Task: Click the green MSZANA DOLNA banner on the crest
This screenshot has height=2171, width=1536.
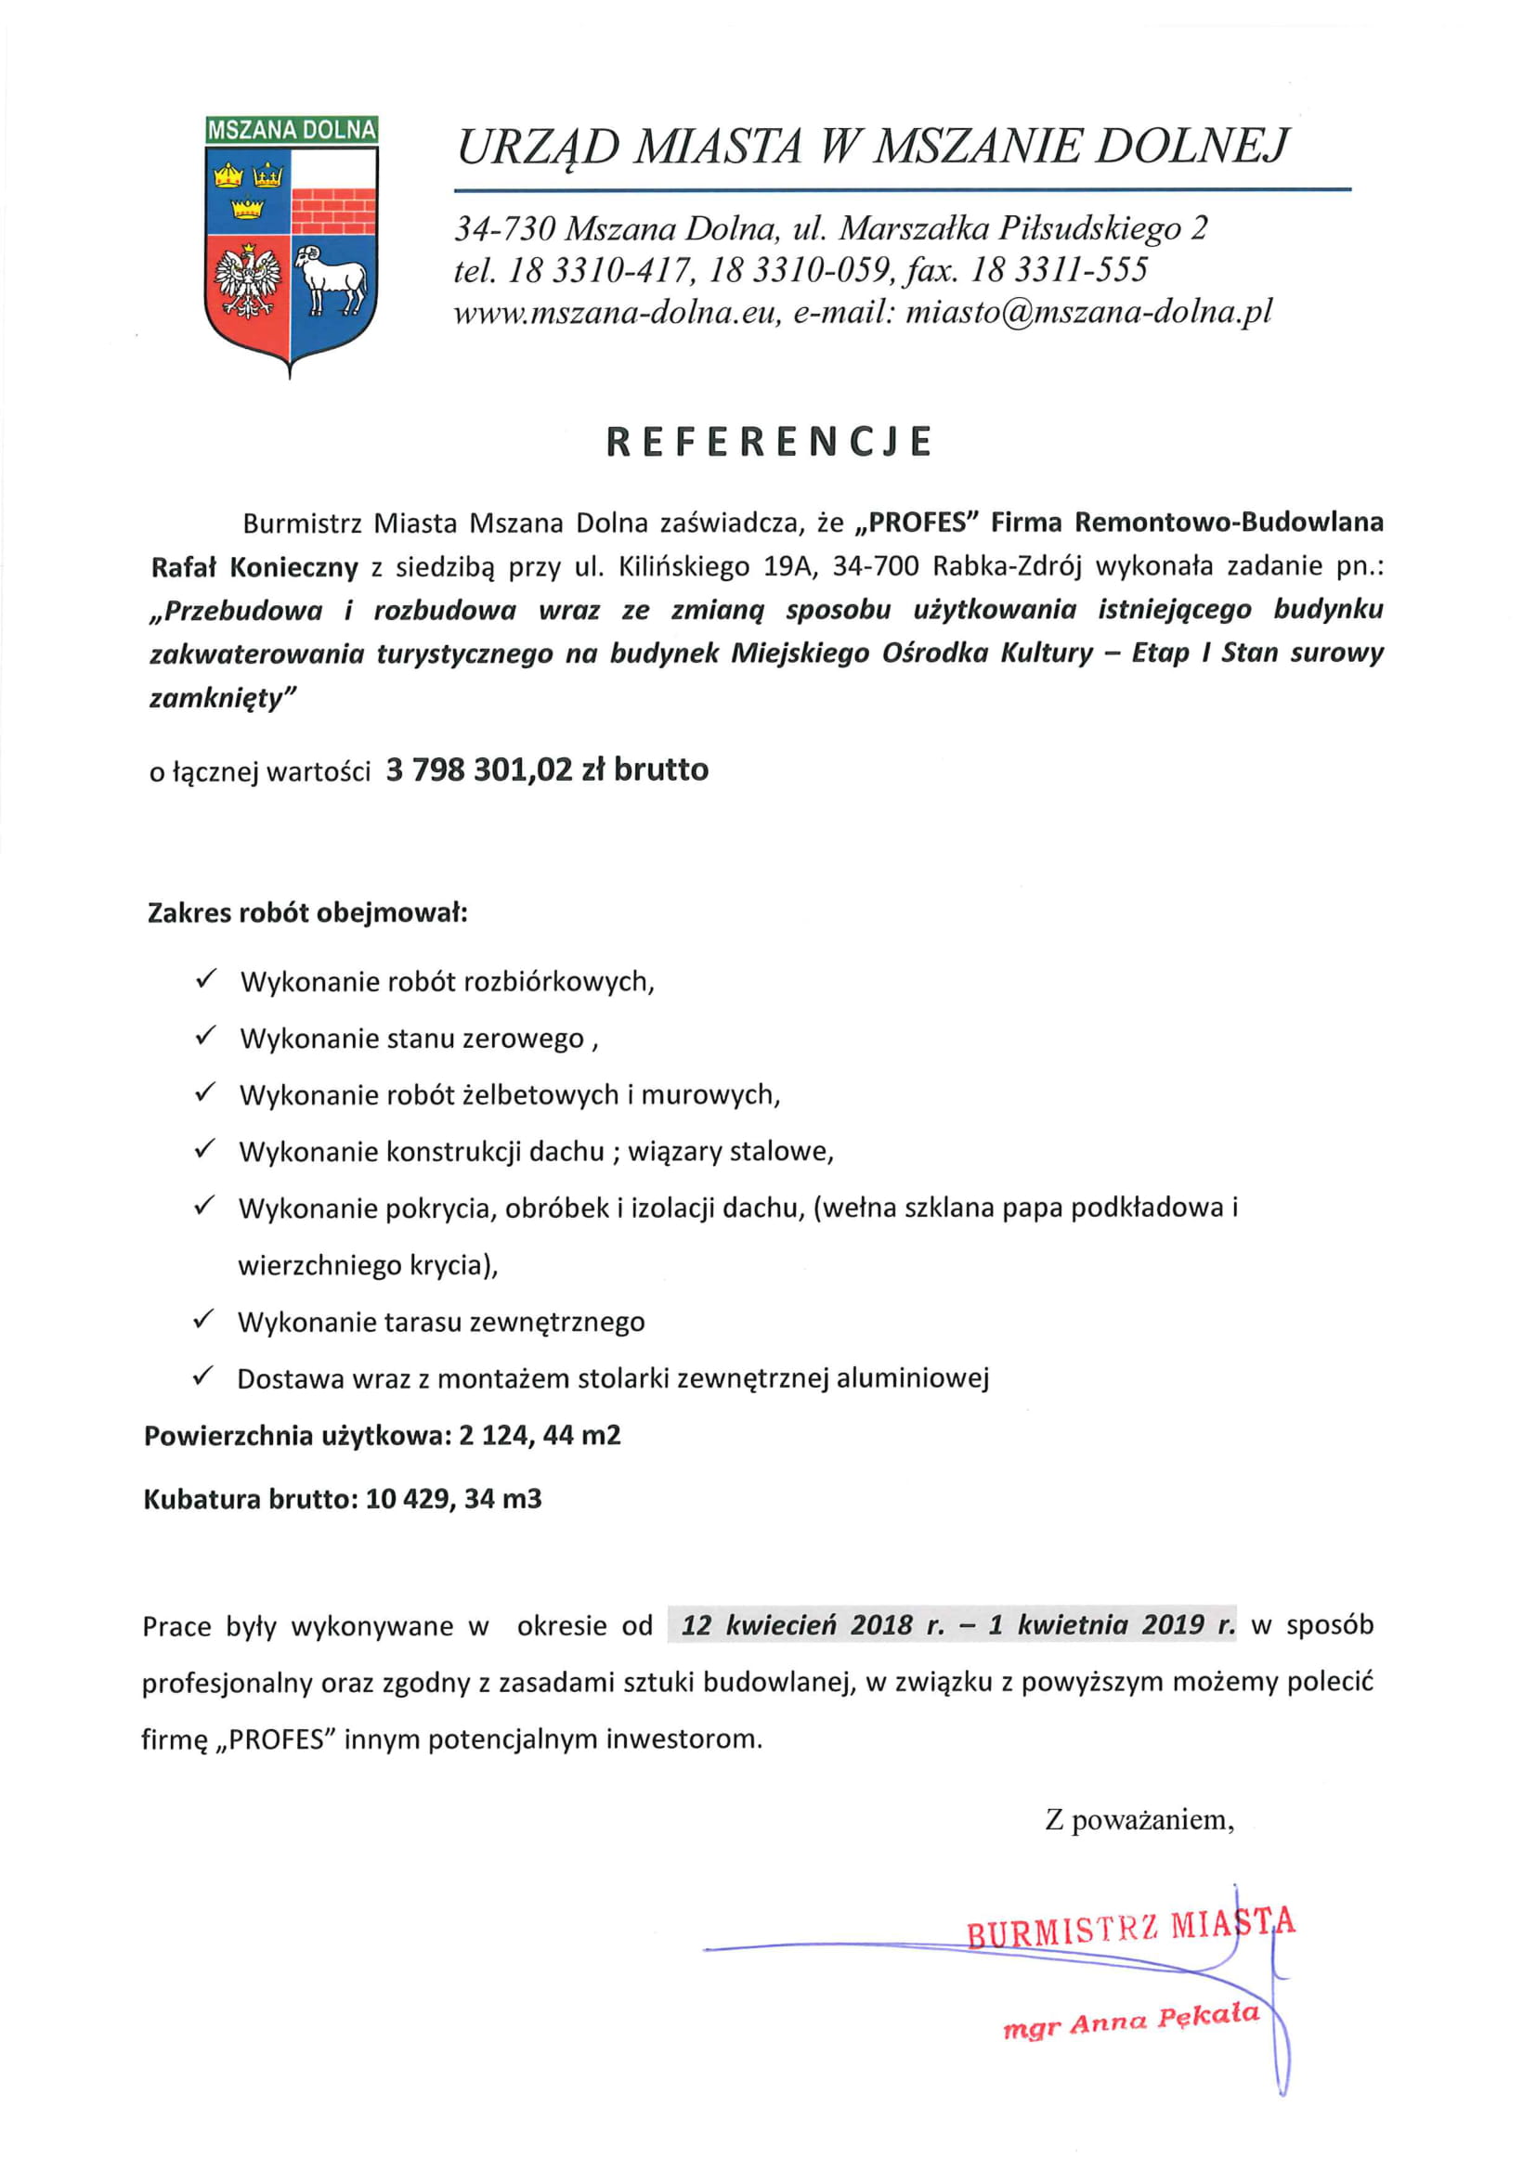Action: tap(292, 130)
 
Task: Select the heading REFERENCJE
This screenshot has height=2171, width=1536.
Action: tap(769, 442)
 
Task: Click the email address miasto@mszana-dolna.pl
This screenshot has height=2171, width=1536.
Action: tap(1088, 312)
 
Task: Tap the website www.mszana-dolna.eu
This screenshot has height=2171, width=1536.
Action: tap(617, 312)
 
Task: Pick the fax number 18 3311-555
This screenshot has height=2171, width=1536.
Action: tap(1059, 269)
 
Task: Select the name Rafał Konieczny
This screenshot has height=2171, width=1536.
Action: tap(254, 567)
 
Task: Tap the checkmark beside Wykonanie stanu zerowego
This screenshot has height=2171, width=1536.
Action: tap(205, 1036)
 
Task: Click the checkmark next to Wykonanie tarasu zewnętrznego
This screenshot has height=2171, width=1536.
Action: tap(203, 1319)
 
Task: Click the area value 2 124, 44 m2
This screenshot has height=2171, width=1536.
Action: tap(540, 1435)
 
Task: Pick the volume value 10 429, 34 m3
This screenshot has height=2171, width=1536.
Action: tap(453, 1499)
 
